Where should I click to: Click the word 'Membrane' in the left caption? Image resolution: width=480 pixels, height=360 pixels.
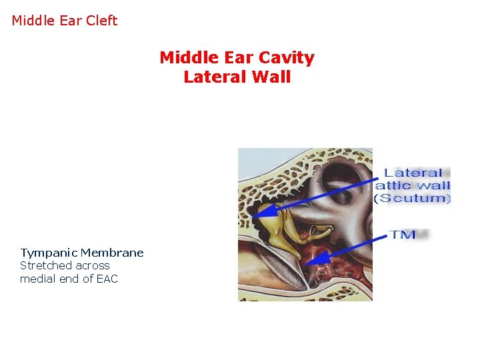click(111, 253)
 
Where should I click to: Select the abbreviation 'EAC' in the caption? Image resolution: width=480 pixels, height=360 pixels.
click(106, 279)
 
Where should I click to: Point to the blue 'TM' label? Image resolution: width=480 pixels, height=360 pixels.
click(403, 234)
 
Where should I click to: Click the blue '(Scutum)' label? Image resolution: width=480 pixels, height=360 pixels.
click(412, 198)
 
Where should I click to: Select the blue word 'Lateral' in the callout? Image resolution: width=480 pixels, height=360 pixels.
click(413, 173)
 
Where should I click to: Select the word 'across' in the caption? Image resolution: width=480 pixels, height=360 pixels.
click(93, 265)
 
